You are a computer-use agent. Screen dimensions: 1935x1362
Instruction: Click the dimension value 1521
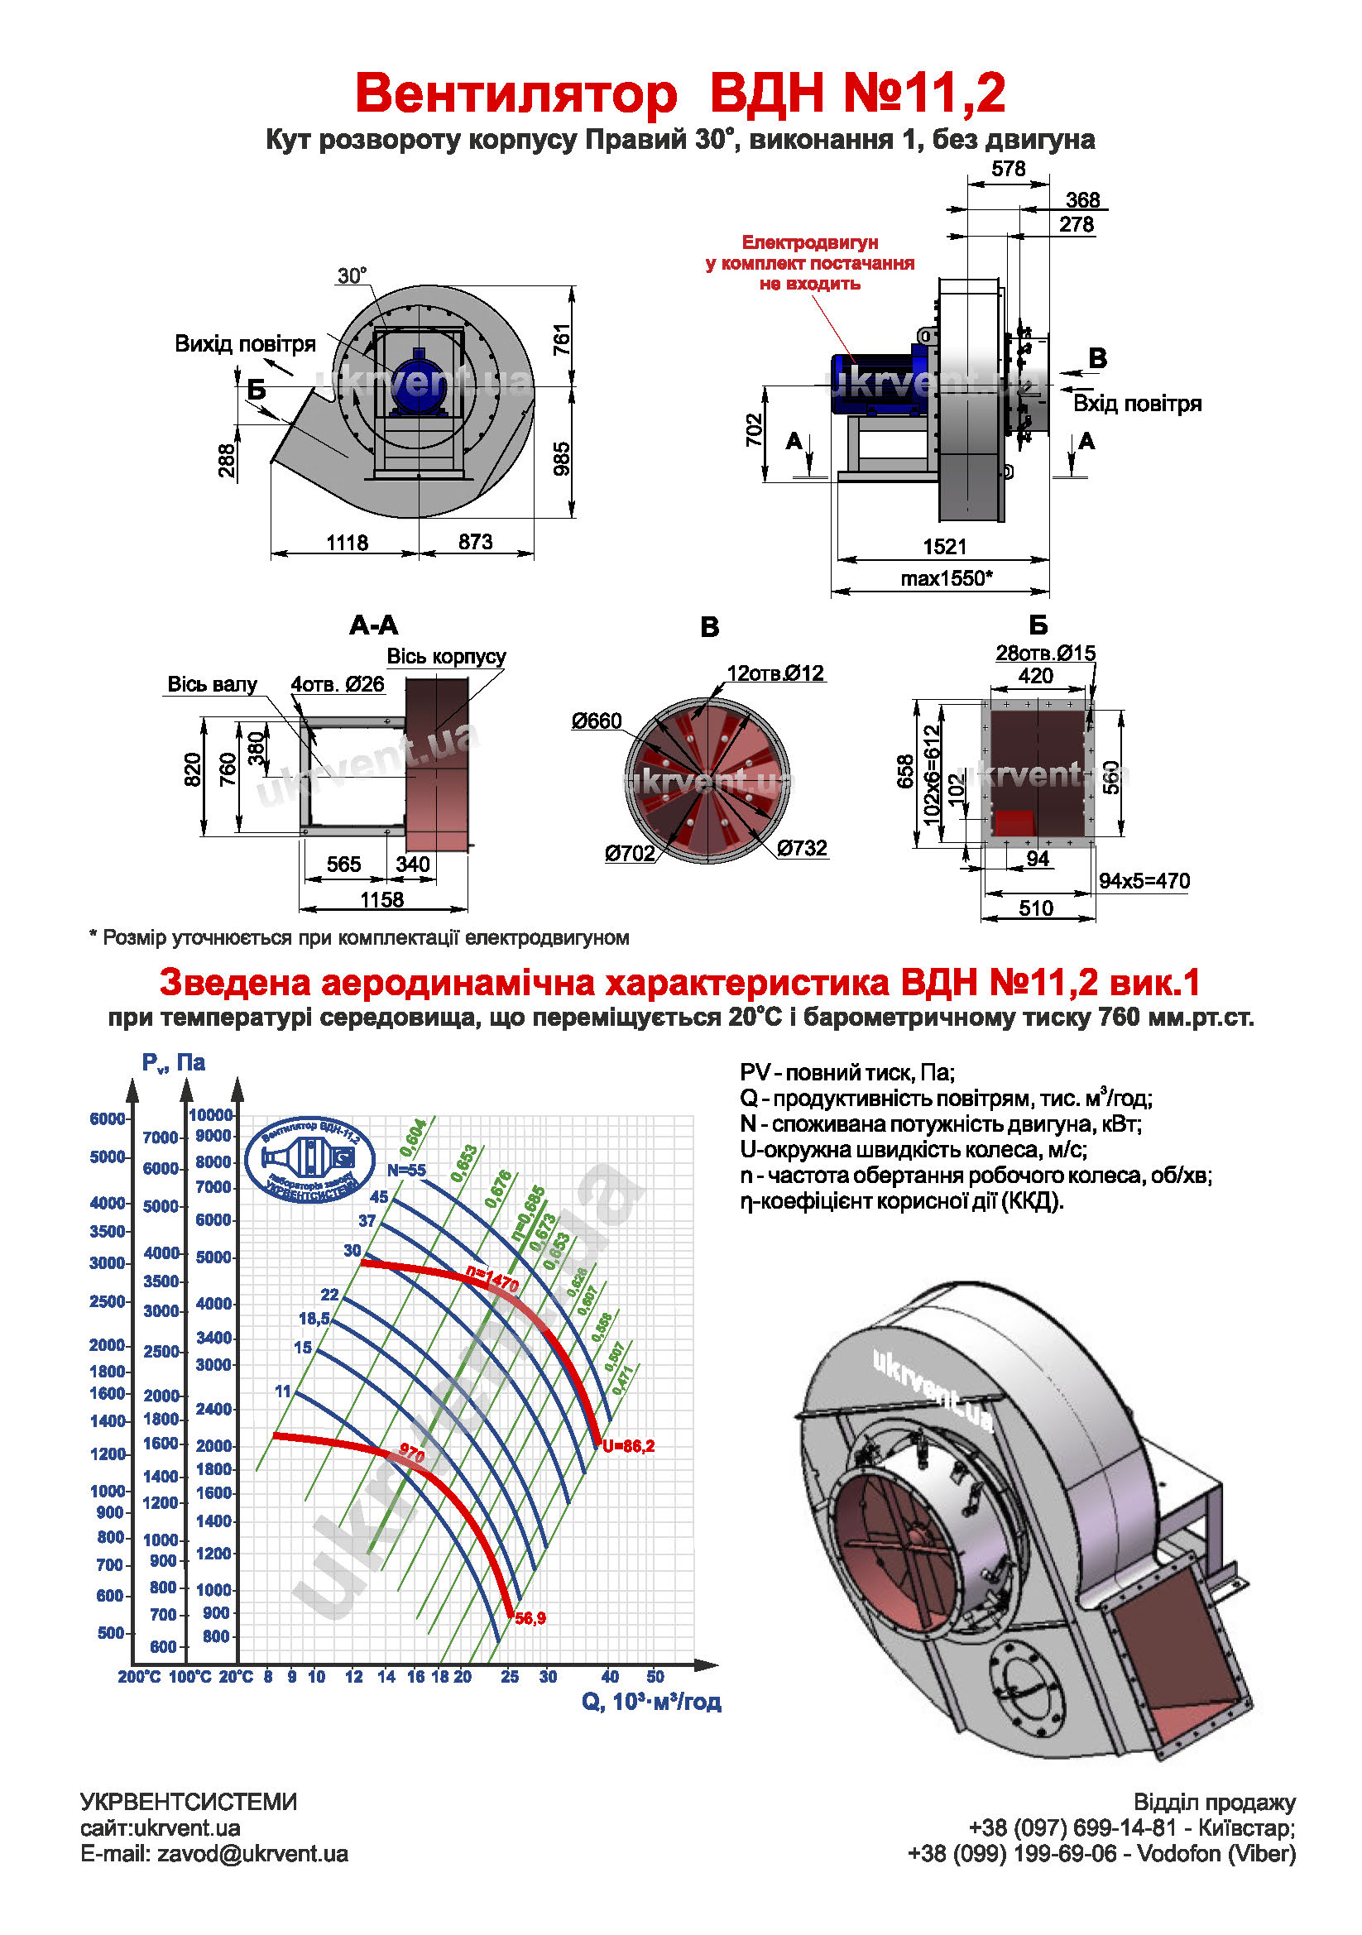pos(943,546)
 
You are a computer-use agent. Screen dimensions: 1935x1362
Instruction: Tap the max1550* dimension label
pos(946,578)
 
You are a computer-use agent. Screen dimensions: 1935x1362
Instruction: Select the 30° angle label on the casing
pos(352,276)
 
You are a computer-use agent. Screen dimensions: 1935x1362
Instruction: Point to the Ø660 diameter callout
pos(596,721)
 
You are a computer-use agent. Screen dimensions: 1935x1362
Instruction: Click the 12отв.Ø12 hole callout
pos(775,673)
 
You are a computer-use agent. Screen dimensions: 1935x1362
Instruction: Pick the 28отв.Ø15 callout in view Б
pos(1045,654)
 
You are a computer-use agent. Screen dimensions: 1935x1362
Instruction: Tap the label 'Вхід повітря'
pos(1136,404)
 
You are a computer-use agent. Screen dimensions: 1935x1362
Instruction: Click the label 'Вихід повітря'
pos(244,344)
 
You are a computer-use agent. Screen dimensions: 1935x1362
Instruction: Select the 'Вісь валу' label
pos(212,684)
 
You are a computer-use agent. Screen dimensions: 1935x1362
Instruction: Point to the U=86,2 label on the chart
pos(628,1446)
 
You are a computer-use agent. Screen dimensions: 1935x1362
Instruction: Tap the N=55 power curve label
pos(406,1171)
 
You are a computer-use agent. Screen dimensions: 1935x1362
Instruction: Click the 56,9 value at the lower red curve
pos(530,1618)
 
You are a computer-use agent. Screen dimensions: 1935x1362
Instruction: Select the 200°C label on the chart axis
pos(139,1676)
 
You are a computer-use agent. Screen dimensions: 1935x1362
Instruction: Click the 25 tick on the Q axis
pos(509,1676)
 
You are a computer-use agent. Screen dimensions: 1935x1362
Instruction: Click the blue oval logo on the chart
pos(309,1161)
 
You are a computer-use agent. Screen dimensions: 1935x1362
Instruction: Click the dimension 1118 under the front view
pos(348,543)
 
